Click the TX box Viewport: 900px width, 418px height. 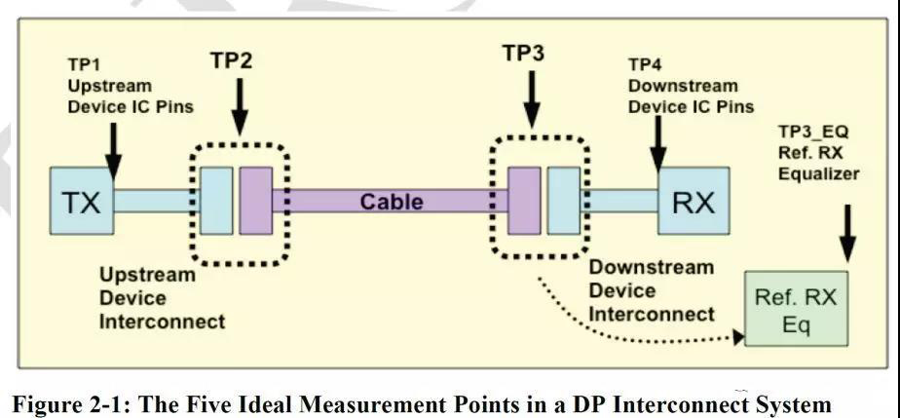coord(82,202)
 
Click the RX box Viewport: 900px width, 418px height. coord(693,202)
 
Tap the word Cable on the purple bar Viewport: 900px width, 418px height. coord(392,202)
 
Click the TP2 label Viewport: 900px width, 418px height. coord(231,60)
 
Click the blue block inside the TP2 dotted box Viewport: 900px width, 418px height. coord(215,201)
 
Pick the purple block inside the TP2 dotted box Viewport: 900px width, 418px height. coord(255,201)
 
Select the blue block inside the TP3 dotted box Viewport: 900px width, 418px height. coord(563,201)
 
